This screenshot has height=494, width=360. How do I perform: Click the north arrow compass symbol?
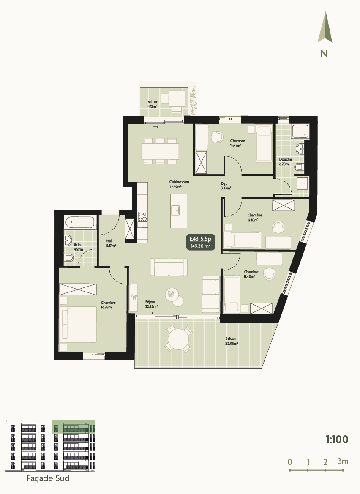click(x=325, y=28)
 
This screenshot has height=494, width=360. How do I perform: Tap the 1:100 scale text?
click(x=337, y=439)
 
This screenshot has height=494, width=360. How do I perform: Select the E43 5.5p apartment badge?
click(x=200, y=242)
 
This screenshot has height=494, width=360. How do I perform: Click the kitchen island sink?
click(x=176, y=210)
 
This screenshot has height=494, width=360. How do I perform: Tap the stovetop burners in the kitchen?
click(x=142, y=217)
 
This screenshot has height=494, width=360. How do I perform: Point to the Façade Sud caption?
click(x=48, y=479)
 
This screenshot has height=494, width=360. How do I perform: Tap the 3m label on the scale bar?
click(x=343, y=461)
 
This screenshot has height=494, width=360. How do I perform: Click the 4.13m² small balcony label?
click(x=153, y=104)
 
